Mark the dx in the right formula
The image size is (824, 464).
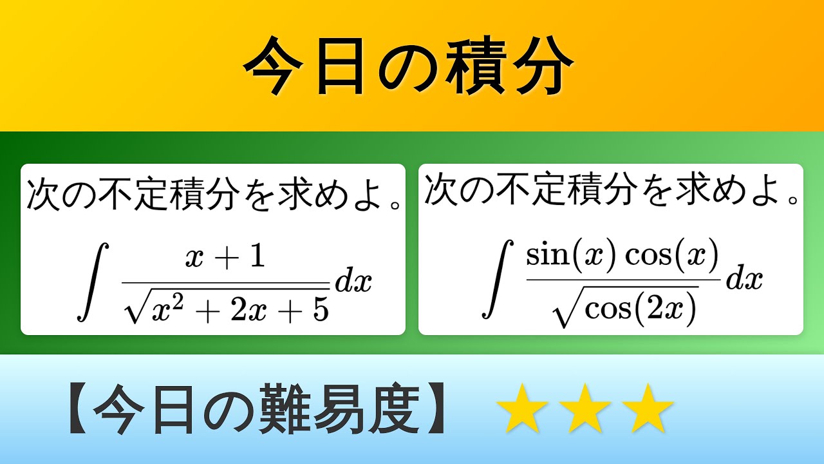744,279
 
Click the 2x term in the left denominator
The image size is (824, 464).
248,311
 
